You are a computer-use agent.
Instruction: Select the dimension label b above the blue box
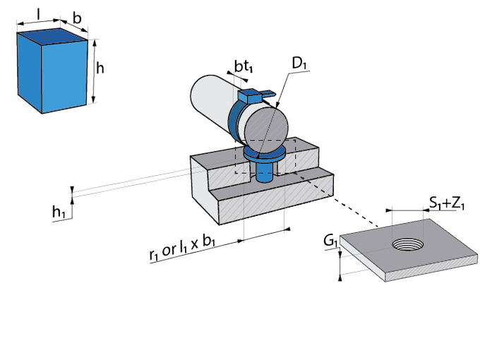click(x=77, y=18)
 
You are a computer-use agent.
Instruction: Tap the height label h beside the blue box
click(x=101, y=68)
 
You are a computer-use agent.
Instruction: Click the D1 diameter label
click(x=299, y=64)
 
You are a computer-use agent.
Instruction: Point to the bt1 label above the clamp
click(x=243, y=66)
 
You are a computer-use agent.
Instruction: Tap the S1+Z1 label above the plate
click(x=446, y=203)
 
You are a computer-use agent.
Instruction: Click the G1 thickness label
click(x=330, y=242)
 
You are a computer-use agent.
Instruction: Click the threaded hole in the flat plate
click(x=407, y=244)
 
